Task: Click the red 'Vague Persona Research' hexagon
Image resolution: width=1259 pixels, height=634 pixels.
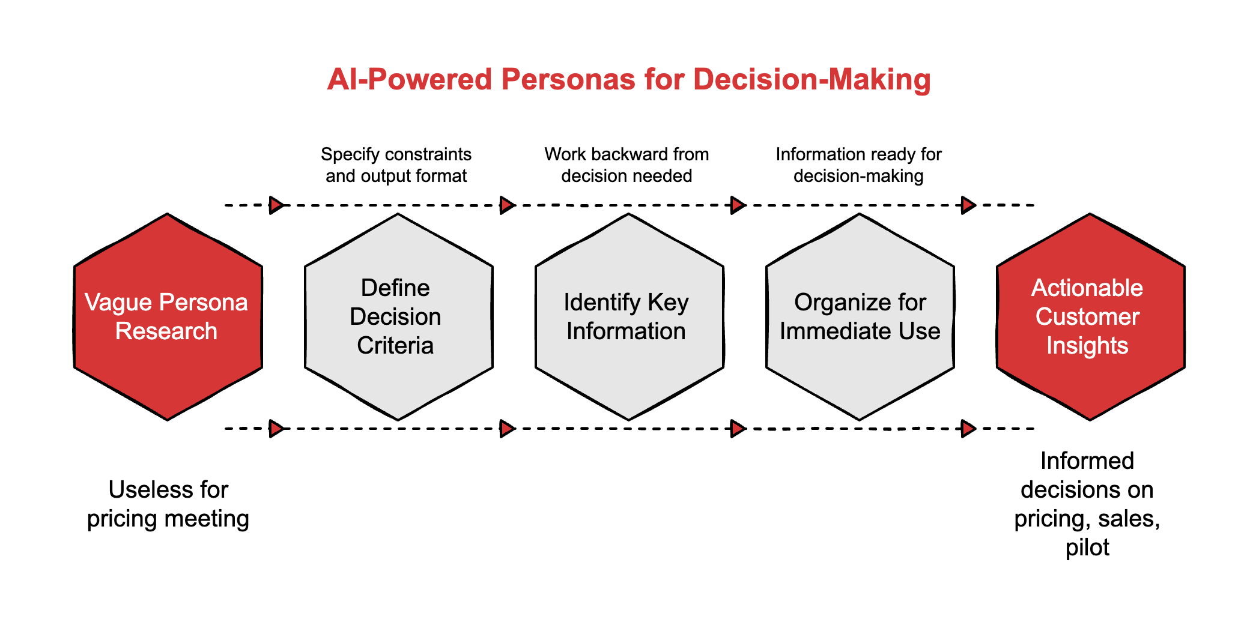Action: [168, 316]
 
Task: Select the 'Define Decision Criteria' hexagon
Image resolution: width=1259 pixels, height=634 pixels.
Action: [398, 316]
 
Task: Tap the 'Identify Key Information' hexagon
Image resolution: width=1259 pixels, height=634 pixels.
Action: [629, 316]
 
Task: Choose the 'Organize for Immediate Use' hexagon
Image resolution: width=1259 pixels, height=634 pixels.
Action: [860, 316]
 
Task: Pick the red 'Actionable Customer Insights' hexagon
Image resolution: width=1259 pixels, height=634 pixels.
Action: [1090, 316]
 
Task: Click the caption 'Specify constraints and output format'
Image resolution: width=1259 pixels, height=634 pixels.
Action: [396, 165]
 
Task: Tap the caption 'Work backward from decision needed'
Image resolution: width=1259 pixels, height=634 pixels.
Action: [626, 165]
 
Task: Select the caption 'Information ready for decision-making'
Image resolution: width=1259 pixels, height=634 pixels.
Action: [858, 165]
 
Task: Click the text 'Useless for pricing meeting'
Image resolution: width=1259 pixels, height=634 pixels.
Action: [168, 504]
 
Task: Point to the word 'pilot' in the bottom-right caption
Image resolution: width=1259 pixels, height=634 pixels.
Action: [1087, 548]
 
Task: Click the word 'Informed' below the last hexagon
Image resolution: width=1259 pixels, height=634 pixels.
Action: [1087, 461]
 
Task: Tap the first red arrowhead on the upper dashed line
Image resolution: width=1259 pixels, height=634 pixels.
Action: [276, 205]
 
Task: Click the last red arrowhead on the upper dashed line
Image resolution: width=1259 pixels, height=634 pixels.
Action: [968, 205]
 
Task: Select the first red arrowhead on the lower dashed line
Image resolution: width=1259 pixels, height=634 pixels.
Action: [276, 429]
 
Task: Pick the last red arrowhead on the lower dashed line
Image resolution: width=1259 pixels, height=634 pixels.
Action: [968, 429]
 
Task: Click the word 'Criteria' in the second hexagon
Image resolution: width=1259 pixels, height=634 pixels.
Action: [395, 346]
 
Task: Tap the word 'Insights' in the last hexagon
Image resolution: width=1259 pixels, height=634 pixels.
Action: [1087, 346]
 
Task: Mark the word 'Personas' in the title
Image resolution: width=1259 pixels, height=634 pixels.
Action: [568, 79]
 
